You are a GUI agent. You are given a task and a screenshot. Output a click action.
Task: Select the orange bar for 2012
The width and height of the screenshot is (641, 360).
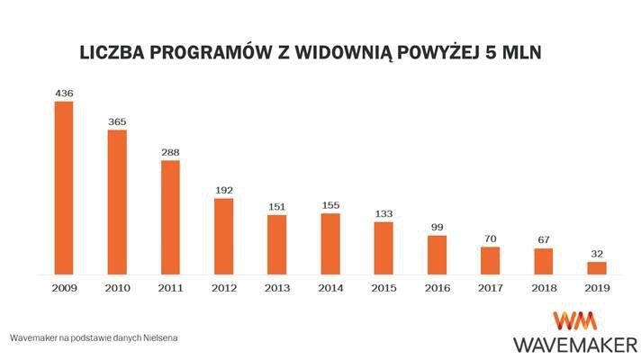pyautogui.click(x=223, y=236)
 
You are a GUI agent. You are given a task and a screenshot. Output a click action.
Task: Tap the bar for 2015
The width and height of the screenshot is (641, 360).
pyautogui.click(x=384, y=247)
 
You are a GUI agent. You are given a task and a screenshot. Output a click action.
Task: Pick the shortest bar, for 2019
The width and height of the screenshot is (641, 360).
pyautogui.click(x=597, y=267)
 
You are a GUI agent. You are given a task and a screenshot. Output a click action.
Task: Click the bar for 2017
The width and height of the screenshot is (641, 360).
pyautogui.click(x=490, y=260)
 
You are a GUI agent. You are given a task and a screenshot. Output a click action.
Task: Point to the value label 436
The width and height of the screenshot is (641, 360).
pyautogui.click(x=64, y=93)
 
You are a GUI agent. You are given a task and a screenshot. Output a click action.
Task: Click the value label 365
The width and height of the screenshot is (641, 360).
pyautogui.click(x=117, y=121)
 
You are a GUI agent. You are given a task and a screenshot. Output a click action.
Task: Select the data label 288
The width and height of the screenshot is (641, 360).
pyautogui.click(x=170, y=152)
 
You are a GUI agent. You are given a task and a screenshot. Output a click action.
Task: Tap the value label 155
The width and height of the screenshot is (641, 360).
pyautogui.click(x=330, y=205)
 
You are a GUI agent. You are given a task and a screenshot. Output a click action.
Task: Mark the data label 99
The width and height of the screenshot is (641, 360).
pyautogui.click(x=437, y=228)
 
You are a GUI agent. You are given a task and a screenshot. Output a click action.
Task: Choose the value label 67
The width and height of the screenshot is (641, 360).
pyautogui.click(x=543, y=240)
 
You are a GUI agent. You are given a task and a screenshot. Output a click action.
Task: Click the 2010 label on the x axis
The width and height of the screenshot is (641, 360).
pyautogui.click(x=117, y=288)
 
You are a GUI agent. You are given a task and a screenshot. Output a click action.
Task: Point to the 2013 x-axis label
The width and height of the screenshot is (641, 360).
pyautogui.click(x=276, y=288)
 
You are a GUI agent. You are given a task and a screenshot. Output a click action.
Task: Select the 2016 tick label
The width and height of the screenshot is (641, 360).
pyautogui.click(x=437, y=288)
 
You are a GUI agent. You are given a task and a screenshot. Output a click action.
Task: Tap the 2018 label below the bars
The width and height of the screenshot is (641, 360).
pyautogui.click(x=543, y=288)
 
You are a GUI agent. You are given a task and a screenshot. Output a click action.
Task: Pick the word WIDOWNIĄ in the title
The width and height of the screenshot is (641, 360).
pyautogui.click(x=383, y=52)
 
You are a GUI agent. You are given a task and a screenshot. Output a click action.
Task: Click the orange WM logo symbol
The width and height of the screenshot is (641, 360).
pyautogui.click(x=571, y=320)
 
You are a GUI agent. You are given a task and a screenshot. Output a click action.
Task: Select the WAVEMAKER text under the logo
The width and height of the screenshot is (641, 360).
pyautogui.click(x=573, y=344)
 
